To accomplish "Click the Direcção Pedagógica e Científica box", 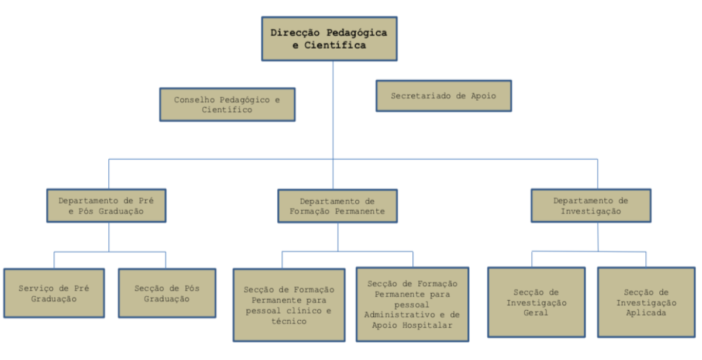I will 329,39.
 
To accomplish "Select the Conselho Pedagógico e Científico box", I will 227,105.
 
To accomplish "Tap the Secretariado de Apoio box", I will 443,95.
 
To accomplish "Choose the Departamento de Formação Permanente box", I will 338,205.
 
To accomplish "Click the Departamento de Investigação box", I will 590,205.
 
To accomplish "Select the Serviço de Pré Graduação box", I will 54,293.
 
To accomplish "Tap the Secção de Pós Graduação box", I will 167,293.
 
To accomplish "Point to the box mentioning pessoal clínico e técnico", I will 290,305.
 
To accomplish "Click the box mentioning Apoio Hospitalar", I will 412,305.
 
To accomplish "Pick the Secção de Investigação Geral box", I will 536,302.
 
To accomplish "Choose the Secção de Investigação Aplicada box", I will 646,302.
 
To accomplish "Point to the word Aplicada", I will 646,313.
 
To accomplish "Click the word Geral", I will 536,313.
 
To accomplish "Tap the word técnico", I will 290,321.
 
